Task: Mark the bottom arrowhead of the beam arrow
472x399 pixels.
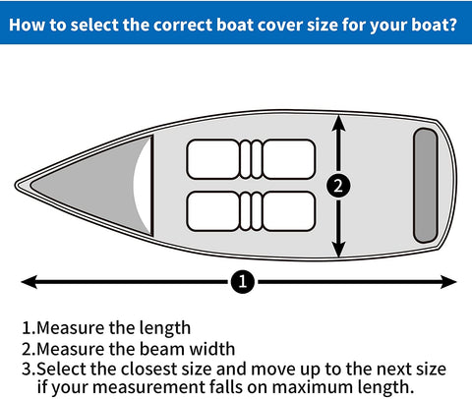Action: [338, 248]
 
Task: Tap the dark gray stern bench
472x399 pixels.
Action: [424, 185]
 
